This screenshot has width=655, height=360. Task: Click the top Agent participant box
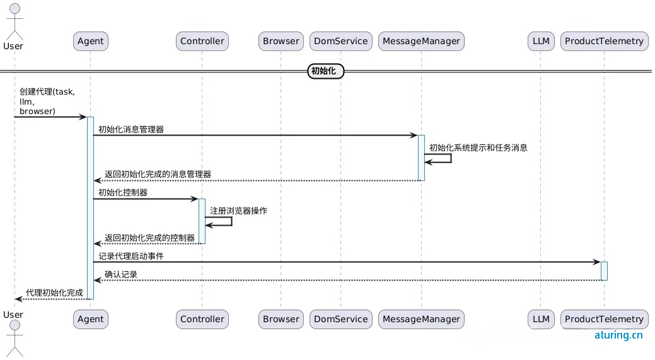[x=90, y=42]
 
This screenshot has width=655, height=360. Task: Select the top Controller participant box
[x=202, y=42]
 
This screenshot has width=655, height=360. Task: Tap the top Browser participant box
[x=281, y=42]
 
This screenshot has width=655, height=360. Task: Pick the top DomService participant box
[x=340, y=42]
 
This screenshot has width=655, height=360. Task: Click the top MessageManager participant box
[x=421, y=42]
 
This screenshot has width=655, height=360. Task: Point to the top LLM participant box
[x=541, y=42]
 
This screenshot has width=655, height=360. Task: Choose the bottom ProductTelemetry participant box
[x=604, y=319]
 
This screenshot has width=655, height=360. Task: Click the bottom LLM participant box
[x=541, y=319]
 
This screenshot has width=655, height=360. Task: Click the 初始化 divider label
[x=326, y=71]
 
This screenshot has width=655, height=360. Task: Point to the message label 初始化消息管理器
[x=131, y=129]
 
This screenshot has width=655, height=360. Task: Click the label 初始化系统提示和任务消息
[x=478, y=148]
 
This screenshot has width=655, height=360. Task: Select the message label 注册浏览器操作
[x=239, y=211]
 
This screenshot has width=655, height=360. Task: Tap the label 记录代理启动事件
[x=131, y=256]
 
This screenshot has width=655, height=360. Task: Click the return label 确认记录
[x=121, y=275]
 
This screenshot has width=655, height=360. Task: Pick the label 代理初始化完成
[x=54, y=293]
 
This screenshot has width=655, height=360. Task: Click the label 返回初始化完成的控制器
[x=149, y=238]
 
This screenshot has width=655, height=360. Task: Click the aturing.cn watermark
[x=618, y=335]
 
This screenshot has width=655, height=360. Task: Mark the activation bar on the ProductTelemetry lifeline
[x=604, y=270]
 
